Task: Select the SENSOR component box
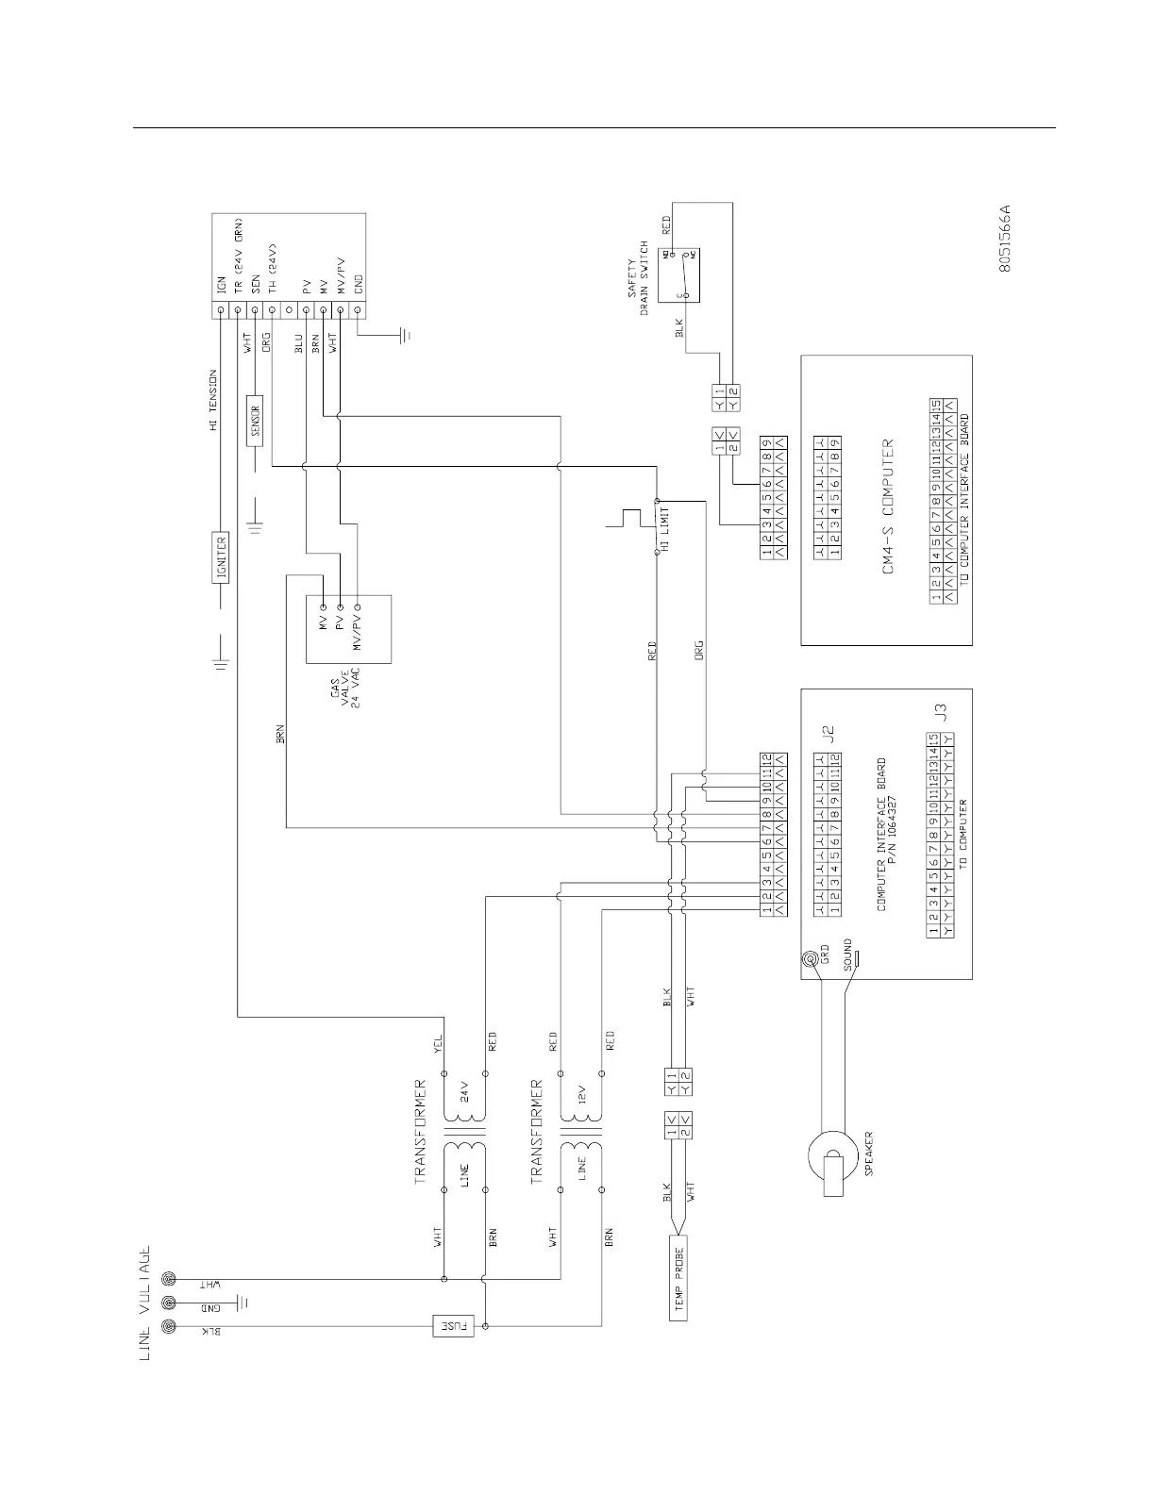point(255,418)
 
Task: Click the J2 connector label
point(829,735)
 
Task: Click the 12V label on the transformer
point(581,1094)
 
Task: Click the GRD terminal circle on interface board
point(811,960)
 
